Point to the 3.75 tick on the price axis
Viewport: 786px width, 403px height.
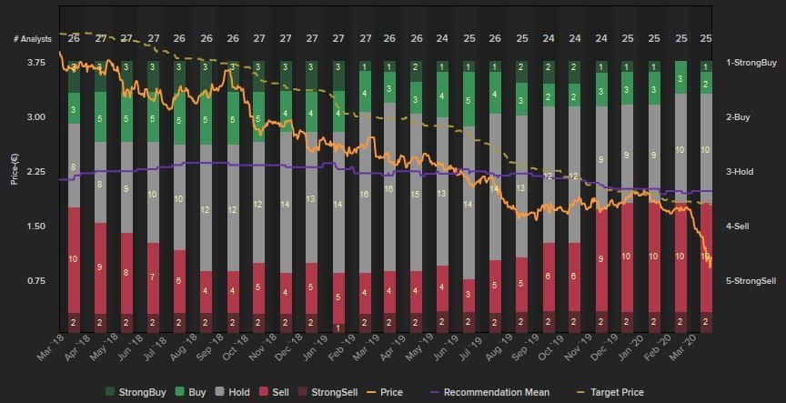click(x=37, y=63)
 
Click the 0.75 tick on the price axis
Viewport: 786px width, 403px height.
click(x=37, y=280)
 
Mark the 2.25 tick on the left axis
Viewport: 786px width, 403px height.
click(x=37, y=172)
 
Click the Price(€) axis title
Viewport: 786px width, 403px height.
click(x=15, y=169)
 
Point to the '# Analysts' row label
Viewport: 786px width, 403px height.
click(x=32, y=39)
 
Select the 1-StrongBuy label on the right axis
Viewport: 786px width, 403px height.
click(x=751, y=63)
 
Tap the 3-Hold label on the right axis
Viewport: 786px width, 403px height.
click(x=739, y=172)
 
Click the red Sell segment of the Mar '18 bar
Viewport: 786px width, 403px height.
click(x=74, y=259)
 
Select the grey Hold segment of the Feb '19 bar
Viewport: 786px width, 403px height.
click(x=365, y=193)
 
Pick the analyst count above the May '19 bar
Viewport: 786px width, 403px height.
click(x=442, y=39)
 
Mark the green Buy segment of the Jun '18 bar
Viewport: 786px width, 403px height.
click(x=153, y=118)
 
